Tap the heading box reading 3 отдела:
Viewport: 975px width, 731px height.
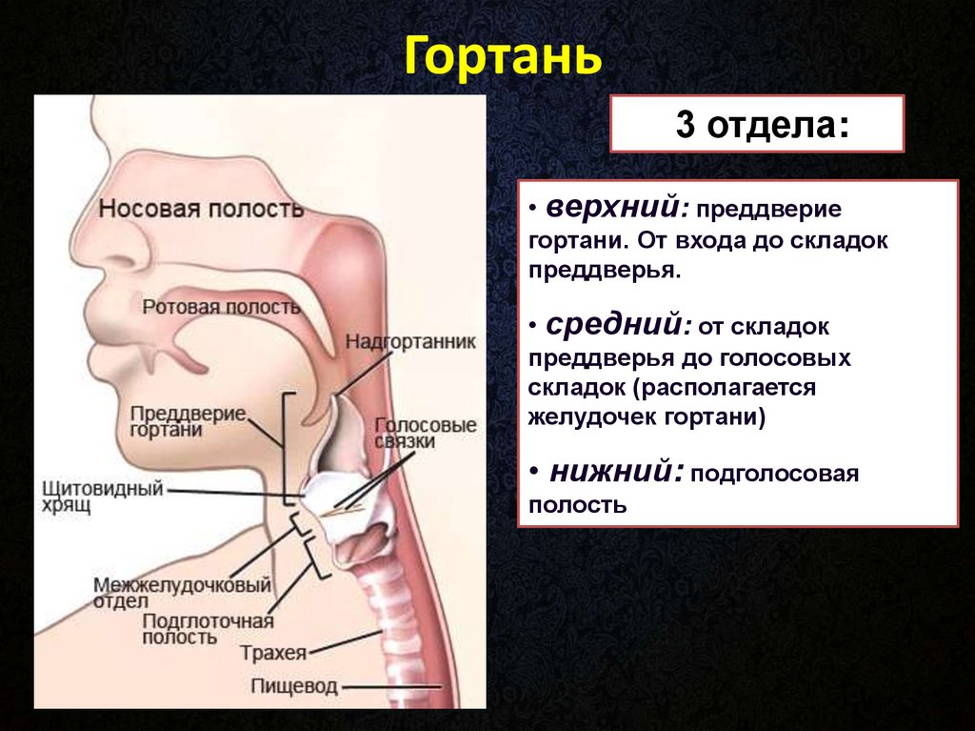coord(757,124)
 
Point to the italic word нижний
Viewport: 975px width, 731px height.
coord(617,472)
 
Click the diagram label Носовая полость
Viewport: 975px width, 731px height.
coord(202,208)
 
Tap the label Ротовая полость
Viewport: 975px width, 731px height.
coord(221,307)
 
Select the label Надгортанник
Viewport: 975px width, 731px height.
coord(410,341)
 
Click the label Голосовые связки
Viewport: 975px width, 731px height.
coord(426,433)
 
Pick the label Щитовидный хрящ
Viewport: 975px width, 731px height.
coord(103,496)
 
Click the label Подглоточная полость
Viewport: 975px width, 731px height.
coord(208,629)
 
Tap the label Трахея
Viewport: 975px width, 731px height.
coord(273,653)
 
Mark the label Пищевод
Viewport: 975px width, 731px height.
coord(294,686)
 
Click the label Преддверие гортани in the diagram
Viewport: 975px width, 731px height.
coord(189,422)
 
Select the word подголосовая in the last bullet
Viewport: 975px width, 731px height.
coord(775,474)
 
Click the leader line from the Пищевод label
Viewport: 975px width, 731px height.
coord(391,688)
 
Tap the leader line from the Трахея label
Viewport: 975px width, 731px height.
coord(346,642)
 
